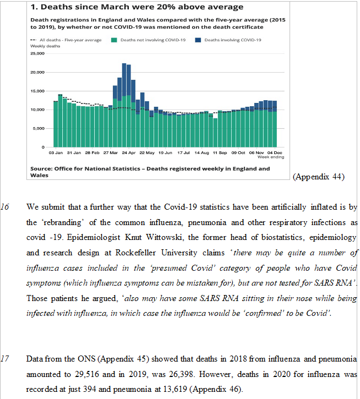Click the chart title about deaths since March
click(137, 7)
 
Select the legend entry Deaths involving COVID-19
click(232, 40)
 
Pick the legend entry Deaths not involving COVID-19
click(149, 40)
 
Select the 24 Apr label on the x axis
click(128, 152)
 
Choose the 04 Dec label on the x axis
click(274, 152)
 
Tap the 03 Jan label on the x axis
click(56, 152)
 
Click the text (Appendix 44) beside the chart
click(319, 177)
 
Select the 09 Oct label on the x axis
click(238, 152)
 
